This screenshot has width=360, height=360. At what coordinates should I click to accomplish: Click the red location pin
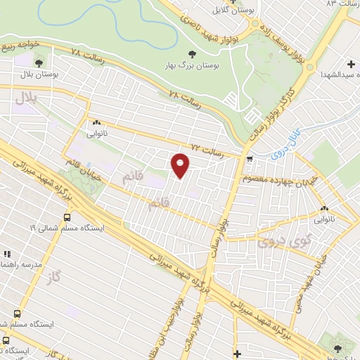180,165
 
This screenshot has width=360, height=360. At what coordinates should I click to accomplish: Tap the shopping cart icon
250,159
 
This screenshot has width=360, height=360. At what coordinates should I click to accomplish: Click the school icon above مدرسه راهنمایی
6,254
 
